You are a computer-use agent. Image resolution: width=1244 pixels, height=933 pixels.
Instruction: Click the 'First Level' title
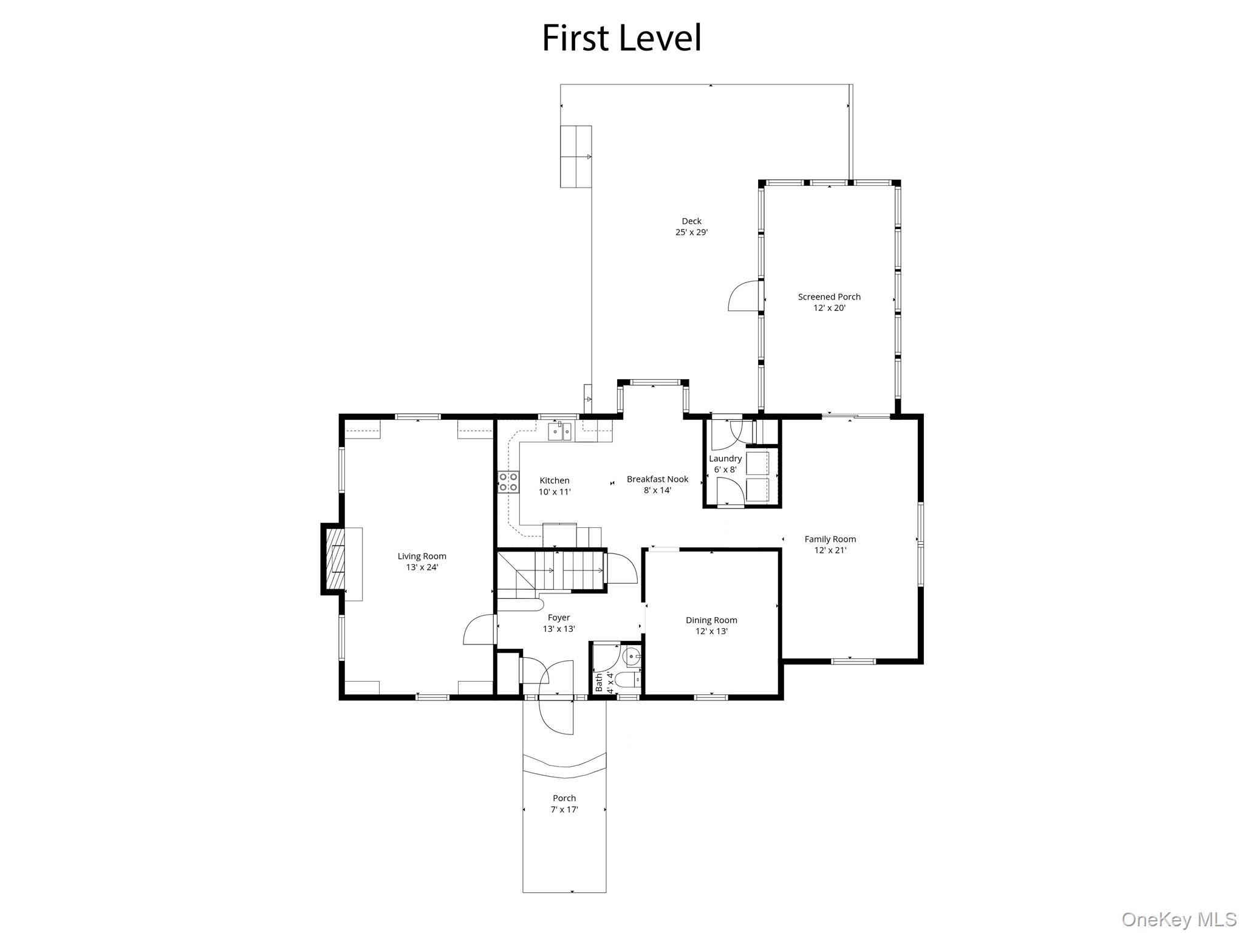click(x=621, y=38)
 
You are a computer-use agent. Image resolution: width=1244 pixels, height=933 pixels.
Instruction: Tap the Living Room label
click(x=422, y=556)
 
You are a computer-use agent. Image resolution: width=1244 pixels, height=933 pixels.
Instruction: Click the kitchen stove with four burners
click(x=508, y=482)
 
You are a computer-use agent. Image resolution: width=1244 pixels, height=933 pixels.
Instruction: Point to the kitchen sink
click(x=560, y=431)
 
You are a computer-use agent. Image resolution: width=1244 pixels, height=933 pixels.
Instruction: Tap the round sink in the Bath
click(x=632, y=656)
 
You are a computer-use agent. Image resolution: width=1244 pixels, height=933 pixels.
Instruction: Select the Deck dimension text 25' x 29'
click(x=691, y=233)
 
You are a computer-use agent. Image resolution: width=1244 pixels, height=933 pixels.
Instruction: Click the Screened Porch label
click(x=829, y=297)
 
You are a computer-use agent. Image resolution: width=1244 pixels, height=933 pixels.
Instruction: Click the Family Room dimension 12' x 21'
click(x=830, y=550)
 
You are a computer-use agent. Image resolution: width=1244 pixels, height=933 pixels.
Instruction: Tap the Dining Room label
click(x=711, y=620)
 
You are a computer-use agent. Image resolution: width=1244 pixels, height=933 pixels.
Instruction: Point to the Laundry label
click(x=725, y=459)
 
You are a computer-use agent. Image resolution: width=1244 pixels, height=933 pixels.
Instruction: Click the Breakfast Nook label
click(x=657, y=479)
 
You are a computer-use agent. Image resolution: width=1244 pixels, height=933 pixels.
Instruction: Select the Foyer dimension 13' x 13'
click(x=559, y=629)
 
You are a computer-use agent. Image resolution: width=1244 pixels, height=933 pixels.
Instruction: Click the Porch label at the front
click(x=564, y=798)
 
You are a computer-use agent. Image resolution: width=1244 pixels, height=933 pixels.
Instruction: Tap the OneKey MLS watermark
click(x=1178, y=920)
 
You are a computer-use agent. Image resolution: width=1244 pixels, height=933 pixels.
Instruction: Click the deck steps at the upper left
click(x=576, y=156)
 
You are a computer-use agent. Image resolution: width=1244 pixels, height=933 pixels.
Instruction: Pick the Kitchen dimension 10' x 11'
click(x=555, y=492)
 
